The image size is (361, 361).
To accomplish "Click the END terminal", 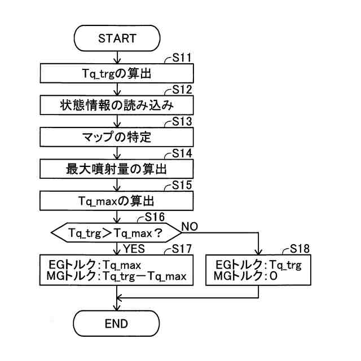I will pyautogui.click(x=117, y=323).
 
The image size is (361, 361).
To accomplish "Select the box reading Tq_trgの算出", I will pyautogui.click(x=117, y=73).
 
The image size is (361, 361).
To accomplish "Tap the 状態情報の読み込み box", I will pyautogui.click(x=117, y=105).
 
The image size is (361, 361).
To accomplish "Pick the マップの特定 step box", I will pyautogui.click(x=117, y=137).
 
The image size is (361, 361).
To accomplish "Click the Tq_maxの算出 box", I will pyautogui.click(x=117, y=200).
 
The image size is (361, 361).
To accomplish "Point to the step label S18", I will pyautogui.click(x=300, y=249).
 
